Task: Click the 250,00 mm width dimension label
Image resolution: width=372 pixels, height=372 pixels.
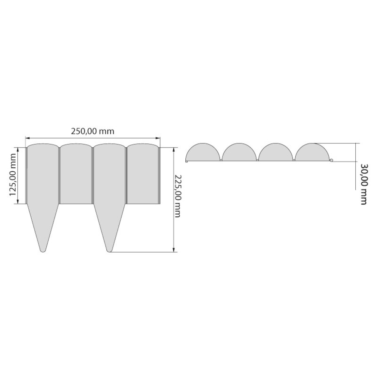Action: [93, 131]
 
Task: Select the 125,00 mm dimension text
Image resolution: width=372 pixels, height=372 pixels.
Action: [13, 175]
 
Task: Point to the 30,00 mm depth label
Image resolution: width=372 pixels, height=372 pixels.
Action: [364, 184]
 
